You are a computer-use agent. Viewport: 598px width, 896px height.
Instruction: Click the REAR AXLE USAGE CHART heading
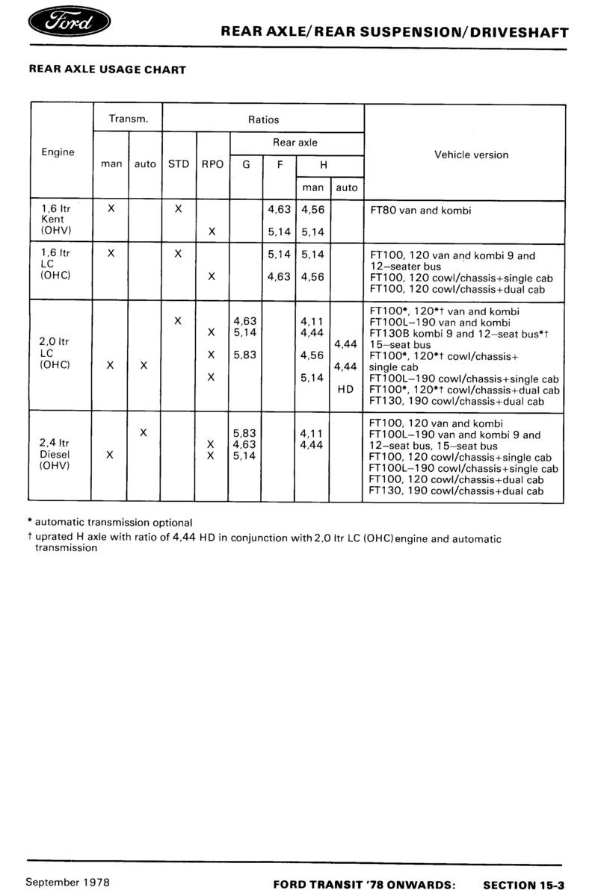(107, 69)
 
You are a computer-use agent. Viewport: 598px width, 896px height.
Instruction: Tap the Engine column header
(58, 152)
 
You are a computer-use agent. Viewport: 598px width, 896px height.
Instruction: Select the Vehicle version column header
(471, 155)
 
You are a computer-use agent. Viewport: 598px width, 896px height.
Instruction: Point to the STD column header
(179, 164)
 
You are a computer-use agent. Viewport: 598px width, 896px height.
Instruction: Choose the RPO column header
(212, 164)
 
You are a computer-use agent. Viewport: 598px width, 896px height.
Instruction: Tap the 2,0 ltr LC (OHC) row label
(54, 354)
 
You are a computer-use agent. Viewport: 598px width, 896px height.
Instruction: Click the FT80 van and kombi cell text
(421, 211)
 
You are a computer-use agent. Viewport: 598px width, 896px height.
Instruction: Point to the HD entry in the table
(345, 389)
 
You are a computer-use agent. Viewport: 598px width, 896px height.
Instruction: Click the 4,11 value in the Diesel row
(310, 432)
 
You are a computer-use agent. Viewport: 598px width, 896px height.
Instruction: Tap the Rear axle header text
(295, 142)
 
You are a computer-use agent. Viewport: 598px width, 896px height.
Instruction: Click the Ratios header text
(263, 119)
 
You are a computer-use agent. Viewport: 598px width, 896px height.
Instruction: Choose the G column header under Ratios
(246, 164)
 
